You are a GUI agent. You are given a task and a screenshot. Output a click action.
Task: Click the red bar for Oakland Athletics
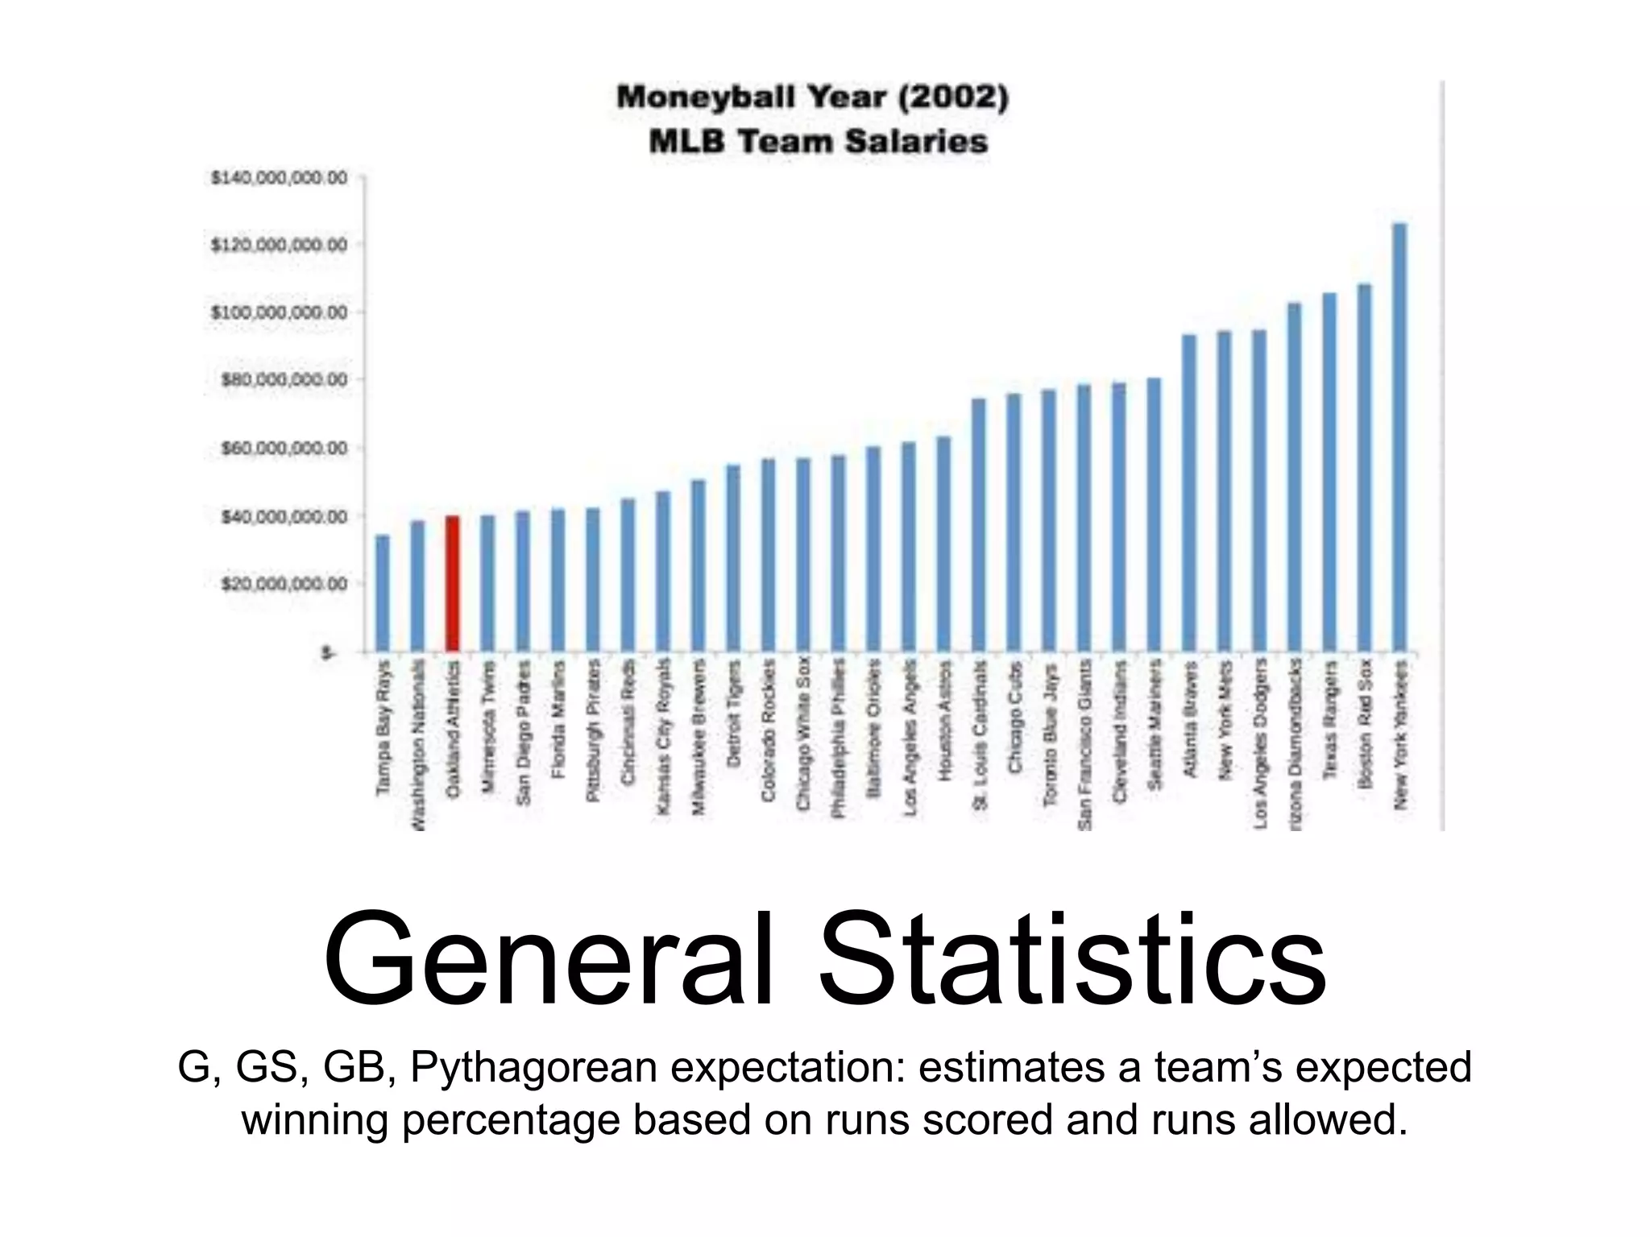tap(453, 583)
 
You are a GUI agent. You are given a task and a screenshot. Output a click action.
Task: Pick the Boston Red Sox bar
tap(1365, 467)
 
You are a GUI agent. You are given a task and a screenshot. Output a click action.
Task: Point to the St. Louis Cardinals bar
tap(979, 524)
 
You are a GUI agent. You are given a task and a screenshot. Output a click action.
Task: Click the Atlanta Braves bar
tap(1189, 493)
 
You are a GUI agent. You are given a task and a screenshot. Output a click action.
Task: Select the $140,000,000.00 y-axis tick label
tap(279, 177)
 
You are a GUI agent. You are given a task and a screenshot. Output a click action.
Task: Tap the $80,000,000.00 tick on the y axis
tap(284, 379)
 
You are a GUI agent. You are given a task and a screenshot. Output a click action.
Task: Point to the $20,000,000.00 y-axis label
tap(284, 583)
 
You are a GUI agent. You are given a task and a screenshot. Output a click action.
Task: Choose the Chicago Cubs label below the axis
tap(1014, 718)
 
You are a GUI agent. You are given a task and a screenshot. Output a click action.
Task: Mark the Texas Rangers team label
tap(1330, 720)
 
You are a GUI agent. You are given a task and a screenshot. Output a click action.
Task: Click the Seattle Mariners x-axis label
tap(1155, 724)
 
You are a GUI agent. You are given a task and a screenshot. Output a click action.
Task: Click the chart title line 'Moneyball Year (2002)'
tap(812, 98)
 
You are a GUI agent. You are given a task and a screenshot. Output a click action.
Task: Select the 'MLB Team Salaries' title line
tap(818, 143)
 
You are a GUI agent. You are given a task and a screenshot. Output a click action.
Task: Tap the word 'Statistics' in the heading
tap(1072, 960)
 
